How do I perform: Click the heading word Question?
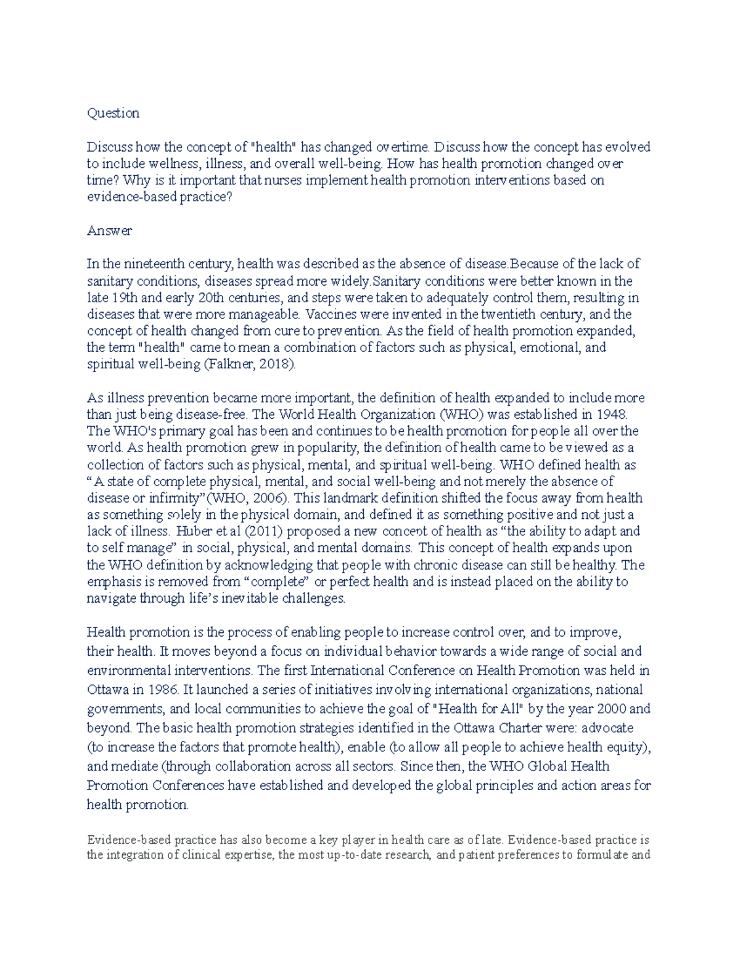[113, 113]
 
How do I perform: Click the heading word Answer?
[109, 231]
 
